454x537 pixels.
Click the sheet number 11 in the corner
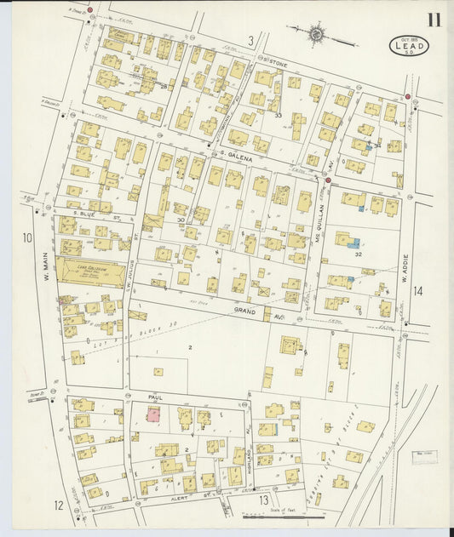point(433,20)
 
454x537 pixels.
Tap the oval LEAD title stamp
point(409,45)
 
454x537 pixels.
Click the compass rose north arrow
point(317,35)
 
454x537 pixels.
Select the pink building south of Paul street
point(154,414)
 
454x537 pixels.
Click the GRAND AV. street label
point(253,312)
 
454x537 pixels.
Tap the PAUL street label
point(154,397)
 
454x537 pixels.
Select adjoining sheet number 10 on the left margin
point(27,238)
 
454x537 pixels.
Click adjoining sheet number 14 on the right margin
point(417,291)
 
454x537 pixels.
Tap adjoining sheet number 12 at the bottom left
point(58,505)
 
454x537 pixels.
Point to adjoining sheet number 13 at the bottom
point(265,500)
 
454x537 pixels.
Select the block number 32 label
point(359,254)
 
